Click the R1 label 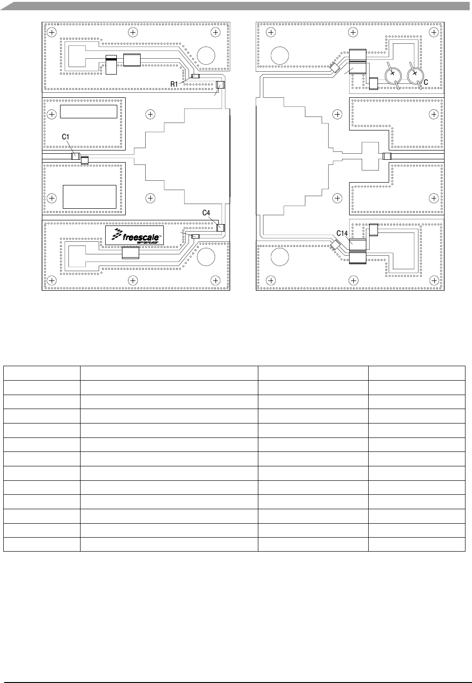174,84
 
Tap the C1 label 66,137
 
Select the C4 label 206,213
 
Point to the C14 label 342,233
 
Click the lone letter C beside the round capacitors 425,82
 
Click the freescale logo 135,235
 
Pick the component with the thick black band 111,64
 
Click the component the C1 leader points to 75,156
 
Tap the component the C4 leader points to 220,227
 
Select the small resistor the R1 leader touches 196,76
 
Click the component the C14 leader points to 357,245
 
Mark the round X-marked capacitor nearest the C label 415,75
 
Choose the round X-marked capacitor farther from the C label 393,75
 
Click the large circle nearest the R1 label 206,55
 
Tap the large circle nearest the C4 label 206,257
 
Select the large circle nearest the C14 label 280,257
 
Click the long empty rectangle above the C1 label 88,112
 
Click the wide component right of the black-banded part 132,60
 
